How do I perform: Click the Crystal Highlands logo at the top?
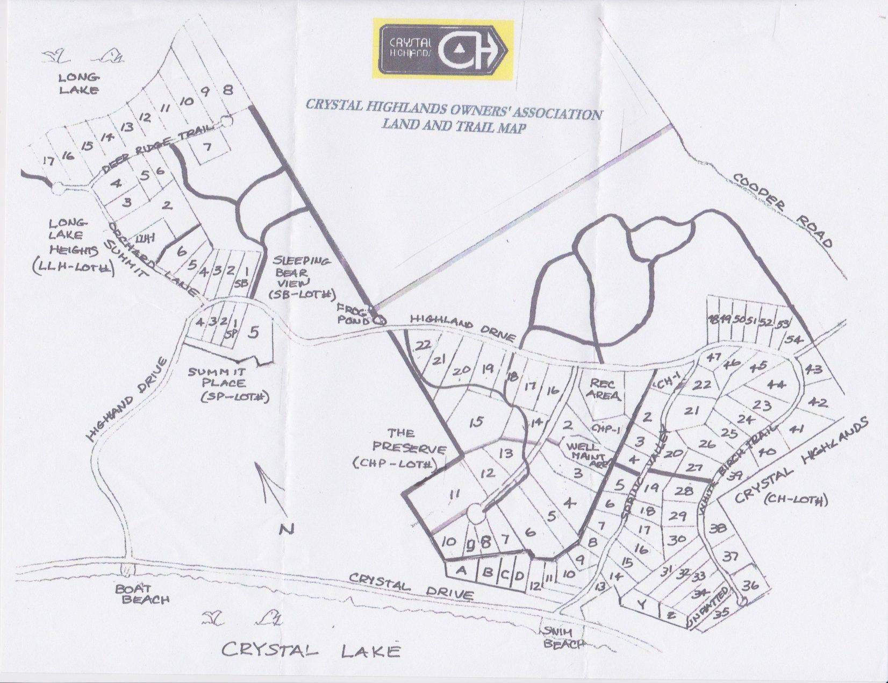click(443, 50)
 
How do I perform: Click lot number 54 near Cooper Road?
click(794, 340)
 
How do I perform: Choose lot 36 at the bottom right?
click(750, 586)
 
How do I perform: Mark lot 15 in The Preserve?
click(476, 422)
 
